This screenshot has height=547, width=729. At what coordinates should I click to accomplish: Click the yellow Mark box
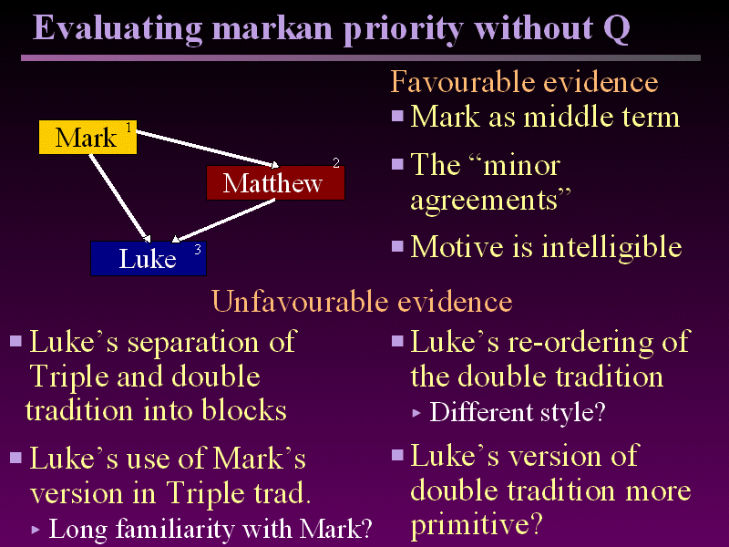(x=87, y=137)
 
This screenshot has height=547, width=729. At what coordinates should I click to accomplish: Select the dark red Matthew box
(x=274, y=183)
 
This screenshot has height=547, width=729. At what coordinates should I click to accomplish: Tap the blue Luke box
(x=148, y=259)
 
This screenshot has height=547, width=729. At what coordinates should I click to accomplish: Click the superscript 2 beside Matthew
(x=335, y=163)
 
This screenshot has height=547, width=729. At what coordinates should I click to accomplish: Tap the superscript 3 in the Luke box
(x=197, y=249)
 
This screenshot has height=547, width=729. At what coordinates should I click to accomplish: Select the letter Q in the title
(x=616, y=28)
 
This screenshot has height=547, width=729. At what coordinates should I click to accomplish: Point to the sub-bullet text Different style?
(x=517, y=412)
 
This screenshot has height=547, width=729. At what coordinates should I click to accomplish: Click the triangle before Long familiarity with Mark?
(x=36, y=529)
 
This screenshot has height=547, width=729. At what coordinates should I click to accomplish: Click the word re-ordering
(x=572, y=342)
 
